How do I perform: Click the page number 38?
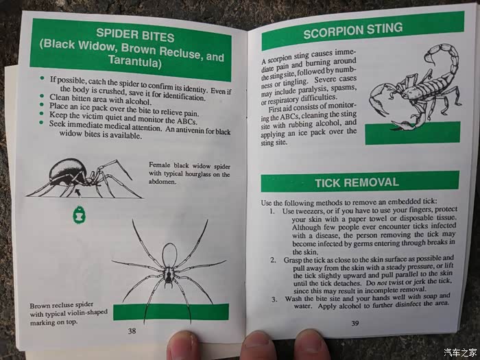[x=132, y=331]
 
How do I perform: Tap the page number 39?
[x=355, y=323]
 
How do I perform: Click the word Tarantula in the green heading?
[x=134, y=61]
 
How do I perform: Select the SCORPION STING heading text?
[x=353, y=31]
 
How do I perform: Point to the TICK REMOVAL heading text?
[x=357, y=183]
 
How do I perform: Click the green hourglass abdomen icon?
[x=80, y=215]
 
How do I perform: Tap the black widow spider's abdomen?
[x=67, y=171]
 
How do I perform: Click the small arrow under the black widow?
[x=78, y=193]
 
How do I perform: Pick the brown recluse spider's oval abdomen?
[x=169, y=255]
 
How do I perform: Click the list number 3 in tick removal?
[x=274, y=299]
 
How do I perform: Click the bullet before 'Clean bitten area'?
[x=42, y=96]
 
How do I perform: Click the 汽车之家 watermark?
[x=460, y=352]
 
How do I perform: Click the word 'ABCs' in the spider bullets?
[x=187, y=121]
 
